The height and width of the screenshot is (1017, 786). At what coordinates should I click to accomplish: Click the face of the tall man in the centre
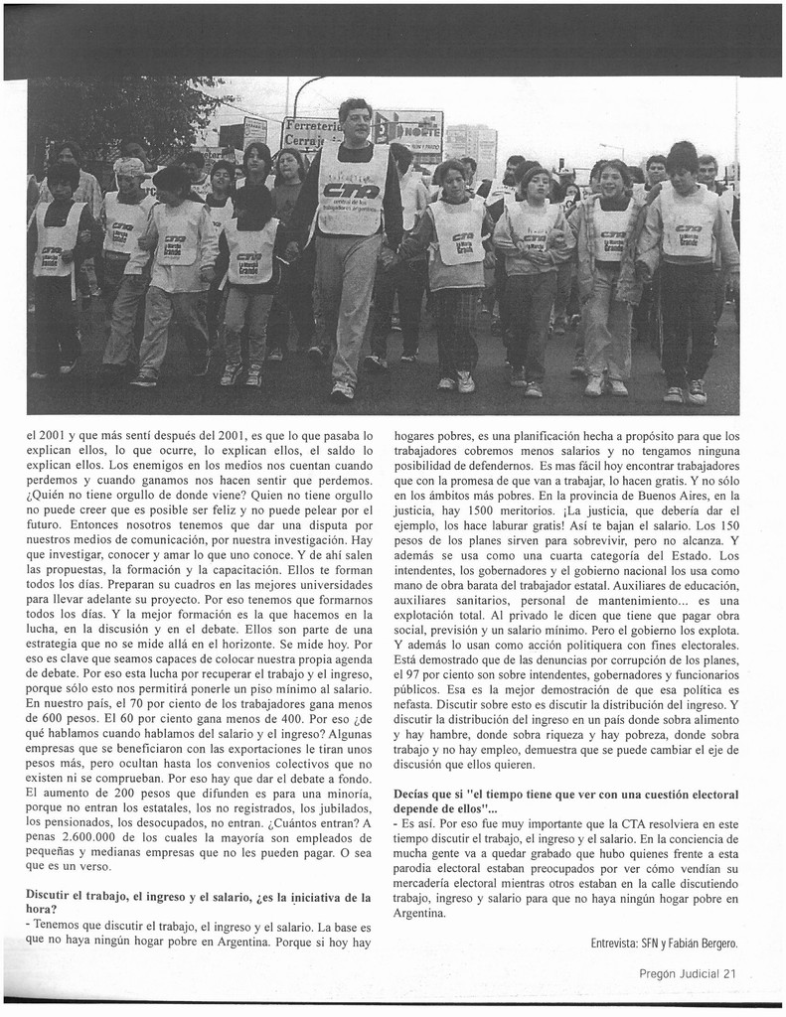pyautogui.click(x=355, y=122)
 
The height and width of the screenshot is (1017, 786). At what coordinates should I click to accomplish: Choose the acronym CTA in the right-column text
pyautogui.click(x=624, y=823)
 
